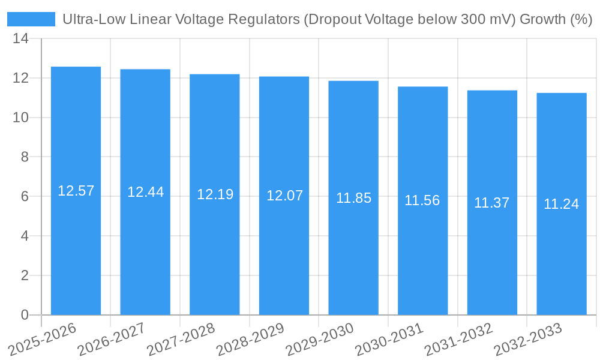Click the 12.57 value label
(x=76, y=191)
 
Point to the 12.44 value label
(x=145, y=192)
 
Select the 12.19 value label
(x=215, y=194)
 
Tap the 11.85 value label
(x=353, y=198)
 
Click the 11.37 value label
(x=491, y=203)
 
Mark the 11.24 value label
(x=561, y=204)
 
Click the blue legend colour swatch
(x=31, y=19)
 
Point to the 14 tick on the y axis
(x=20, y=39)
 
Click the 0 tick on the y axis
(x=25, y=315)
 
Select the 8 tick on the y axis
(x=25, y=157)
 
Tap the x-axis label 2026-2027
(x=111, y=340)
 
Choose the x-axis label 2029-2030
(x=319, y=340)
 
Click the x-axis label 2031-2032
(x=458, y=340)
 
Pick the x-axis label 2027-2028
(x=181, y=340)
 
